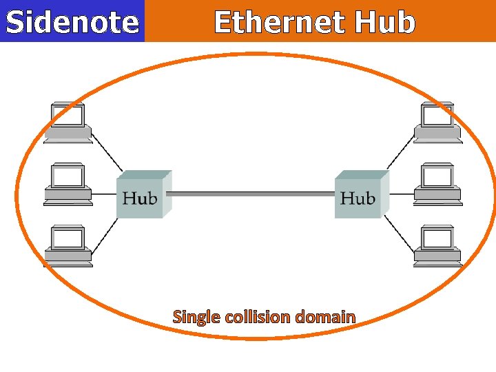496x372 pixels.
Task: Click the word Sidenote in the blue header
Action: tap(72, 22)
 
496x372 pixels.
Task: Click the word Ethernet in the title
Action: tap(280, 22)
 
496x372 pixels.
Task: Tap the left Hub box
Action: tap(141, 198)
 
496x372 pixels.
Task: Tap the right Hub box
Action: tap(358, 198)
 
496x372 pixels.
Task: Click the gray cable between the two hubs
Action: tap(251, 194)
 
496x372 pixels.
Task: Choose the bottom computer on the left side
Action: tap(68, 246)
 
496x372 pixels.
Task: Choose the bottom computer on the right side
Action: tap(438, 246)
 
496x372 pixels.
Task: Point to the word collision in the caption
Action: tap(258, 317)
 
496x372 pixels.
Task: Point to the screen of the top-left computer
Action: tap(68, 116)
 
